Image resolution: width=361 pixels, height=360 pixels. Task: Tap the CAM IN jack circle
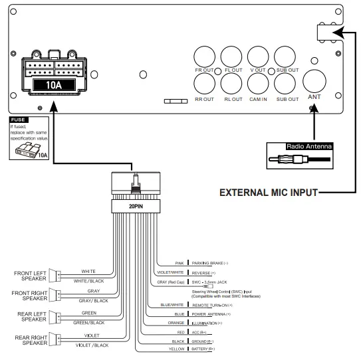258,84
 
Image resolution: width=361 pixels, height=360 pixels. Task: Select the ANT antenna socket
314,83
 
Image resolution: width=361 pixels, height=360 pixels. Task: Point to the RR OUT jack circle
204,84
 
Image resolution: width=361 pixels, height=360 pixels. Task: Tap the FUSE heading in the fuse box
18,120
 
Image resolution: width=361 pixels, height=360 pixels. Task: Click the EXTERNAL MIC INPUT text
269,194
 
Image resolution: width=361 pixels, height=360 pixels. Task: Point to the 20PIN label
136,206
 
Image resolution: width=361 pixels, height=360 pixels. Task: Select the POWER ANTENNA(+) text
211,314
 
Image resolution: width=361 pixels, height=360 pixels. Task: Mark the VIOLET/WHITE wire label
170,272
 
